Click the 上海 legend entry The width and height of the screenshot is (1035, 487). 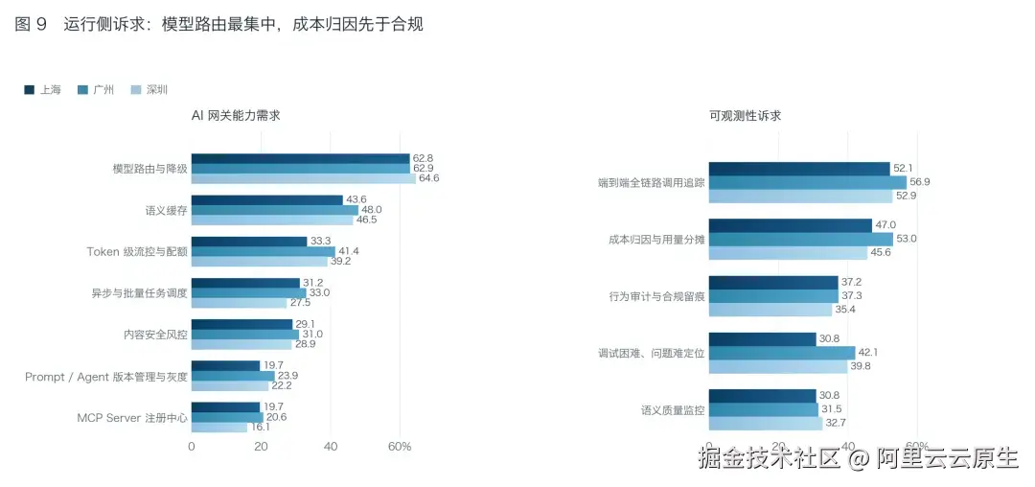pyautogui.click(x=42, y=90)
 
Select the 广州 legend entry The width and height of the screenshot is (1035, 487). pyautogui.click(x=95, y=90)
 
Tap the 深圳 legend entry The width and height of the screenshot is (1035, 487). pyautogui.click(x=149, y=90)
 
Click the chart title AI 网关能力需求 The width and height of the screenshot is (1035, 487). pyautogui.click(x=237, y=115)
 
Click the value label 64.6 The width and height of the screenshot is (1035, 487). pyautogui.click(x=426, y=178)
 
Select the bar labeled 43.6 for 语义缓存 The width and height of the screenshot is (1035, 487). pyautogui.click(x=267, y=200)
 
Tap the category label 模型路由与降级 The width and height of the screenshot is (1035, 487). pyautogui.click(x=149, y=169)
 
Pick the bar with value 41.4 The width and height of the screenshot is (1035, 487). pyautogui.click(x=264, y=251)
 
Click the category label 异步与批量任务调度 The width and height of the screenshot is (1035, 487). pyautogui.click(x=139, y=293)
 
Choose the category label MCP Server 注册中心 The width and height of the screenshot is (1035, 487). pyautogui.click(x=132, y=418)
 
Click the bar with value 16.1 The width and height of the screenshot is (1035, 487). pyautogui.click(x=219, y=428)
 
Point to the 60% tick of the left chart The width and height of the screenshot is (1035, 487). pyautogui.click(x=400, y=447)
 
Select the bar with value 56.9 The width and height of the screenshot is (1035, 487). pyautogui.click(x=808, y=182)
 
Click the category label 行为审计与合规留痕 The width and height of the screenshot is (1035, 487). pyautogui.click(x=656, y=296)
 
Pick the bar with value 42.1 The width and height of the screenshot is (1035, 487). pyautogui.click(x=782, y=353)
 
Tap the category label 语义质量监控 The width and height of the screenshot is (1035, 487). pyautogui.click(x=673, y=409)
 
